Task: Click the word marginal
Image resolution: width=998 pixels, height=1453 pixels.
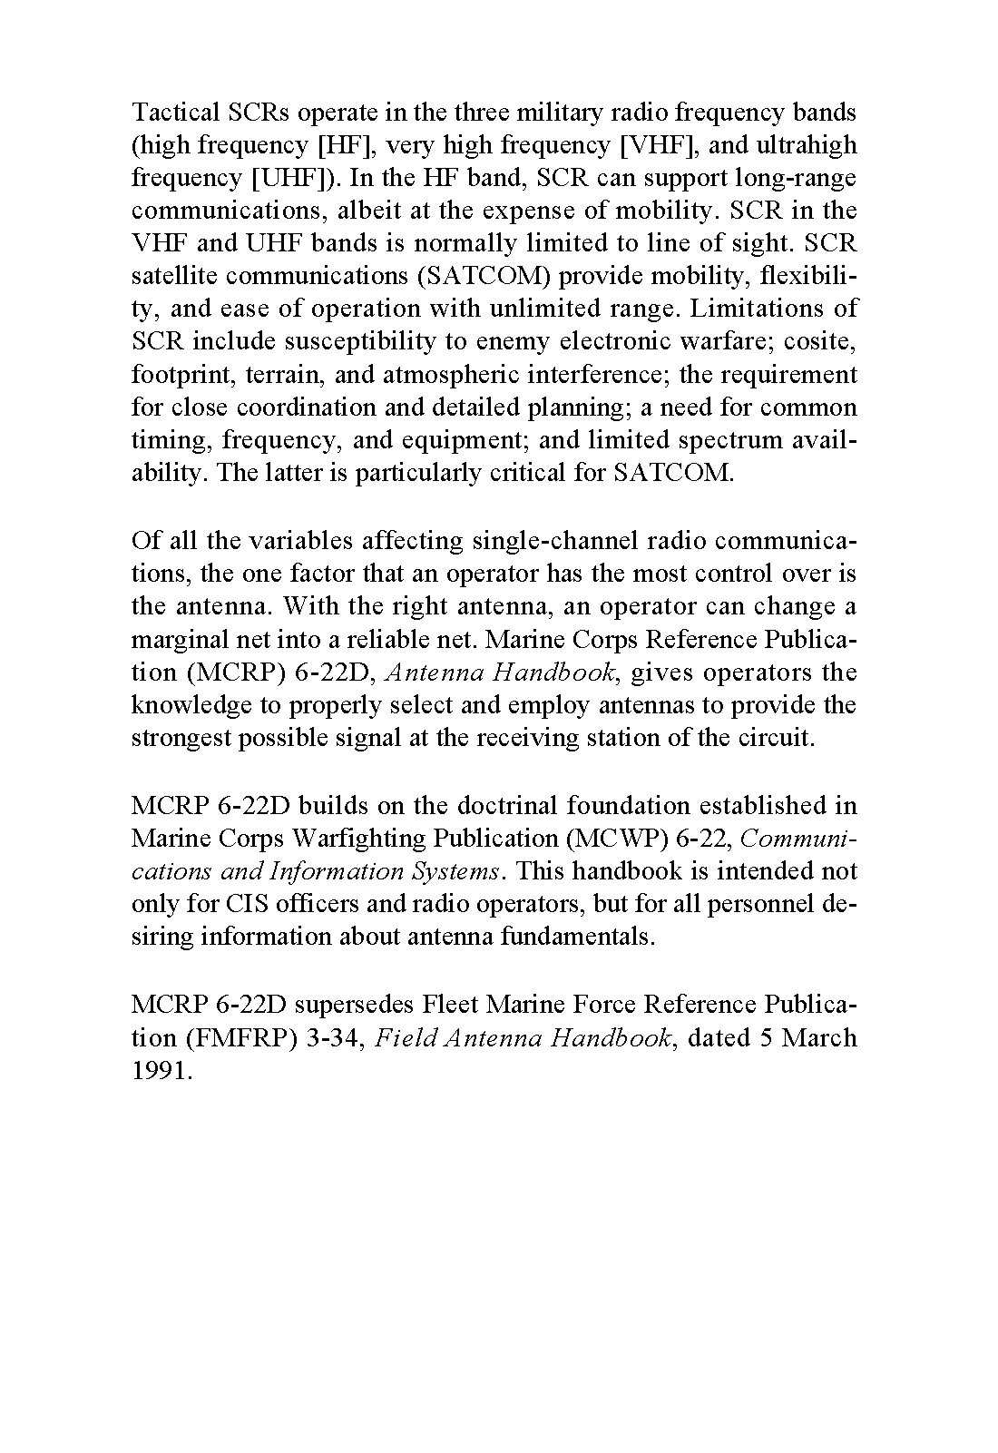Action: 181,639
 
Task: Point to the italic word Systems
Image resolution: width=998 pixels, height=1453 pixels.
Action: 457,870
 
